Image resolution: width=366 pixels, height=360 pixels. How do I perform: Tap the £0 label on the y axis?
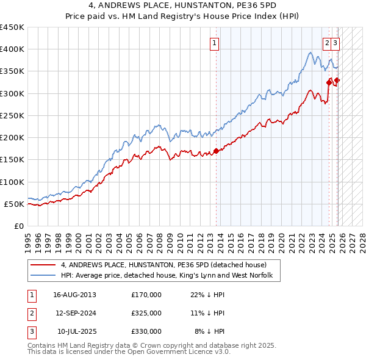pyautogui.click(x=18, y=226)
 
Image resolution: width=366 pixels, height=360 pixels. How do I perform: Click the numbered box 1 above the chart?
pyautogui.click(x=215, y=43)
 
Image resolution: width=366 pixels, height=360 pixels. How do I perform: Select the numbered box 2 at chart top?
pyautogui.click(x=328, y=43)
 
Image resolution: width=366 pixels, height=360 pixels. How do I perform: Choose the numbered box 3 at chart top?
pyautogui.click(x=336, y=43)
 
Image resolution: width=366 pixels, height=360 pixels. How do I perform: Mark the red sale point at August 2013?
pyautogui.click(x=216, y=151)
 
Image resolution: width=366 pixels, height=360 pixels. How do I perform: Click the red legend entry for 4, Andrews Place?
pyautogui.click(x=163, y=265)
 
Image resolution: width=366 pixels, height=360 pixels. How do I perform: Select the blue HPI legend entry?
pyautogui.click(x=170, y=276)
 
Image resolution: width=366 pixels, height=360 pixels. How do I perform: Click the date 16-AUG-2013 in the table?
pyautogui.click(x=74, y=294)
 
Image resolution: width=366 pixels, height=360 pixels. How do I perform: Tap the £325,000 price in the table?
pyautogui.click(x=146, y=312)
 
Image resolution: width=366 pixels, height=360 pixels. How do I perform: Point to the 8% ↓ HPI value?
pyautogui.click(x=210, y=331)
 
